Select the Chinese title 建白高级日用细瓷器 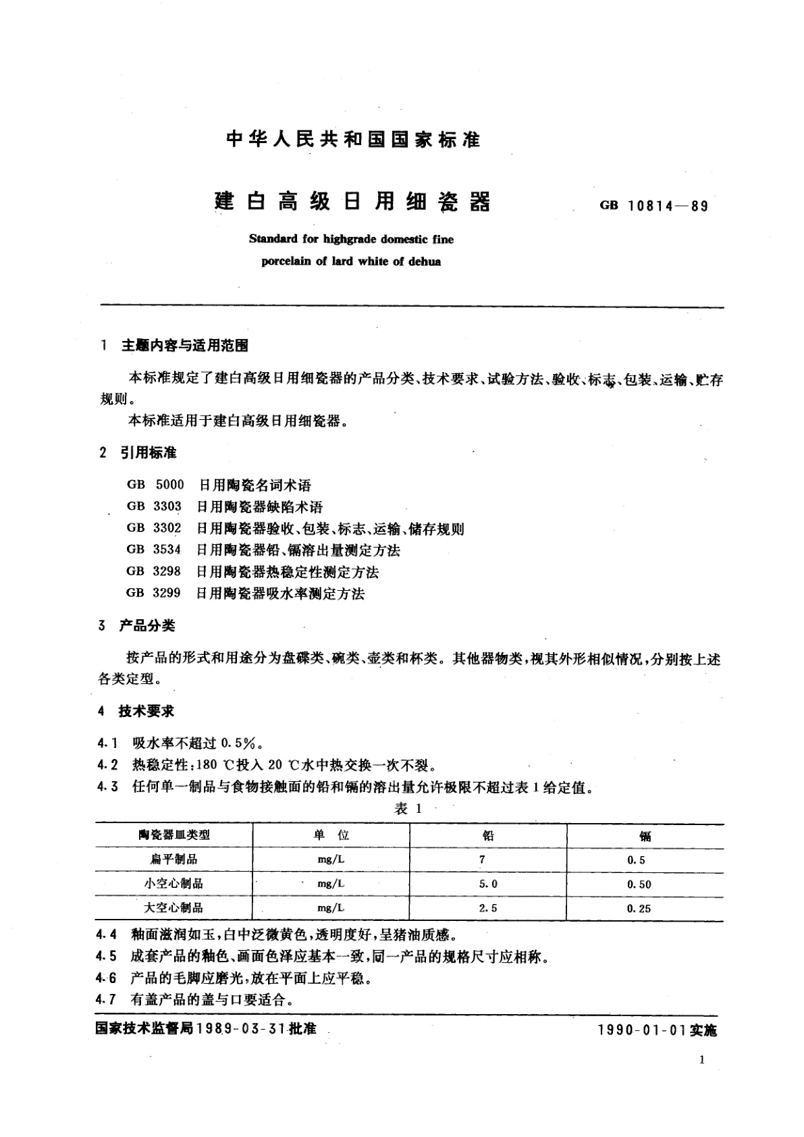352,201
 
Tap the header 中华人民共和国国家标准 354,140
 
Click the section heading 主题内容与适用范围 184,346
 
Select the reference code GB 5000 155,485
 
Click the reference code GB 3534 153,550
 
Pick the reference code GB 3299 153,593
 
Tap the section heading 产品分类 147,626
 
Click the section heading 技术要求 146,711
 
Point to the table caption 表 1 408,809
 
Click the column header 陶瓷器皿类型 174,835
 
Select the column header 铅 487,835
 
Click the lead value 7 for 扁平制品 482,860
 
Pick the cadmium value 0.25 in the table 639,908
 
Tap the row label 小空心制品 173,884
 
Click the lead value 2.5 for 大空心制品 488,908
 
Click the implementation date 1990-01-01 641,1030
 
